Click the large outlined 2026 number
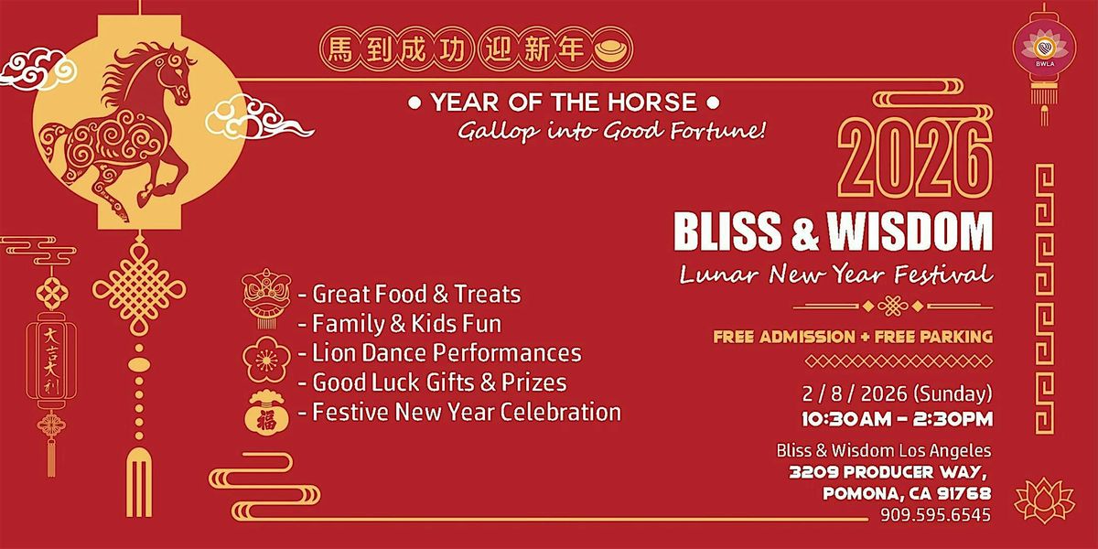pos(915,158)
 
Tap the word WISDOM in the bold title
pos(910,231)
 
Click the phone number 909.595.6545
pos(935,514)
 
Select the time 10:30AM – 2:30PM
pos(897,419)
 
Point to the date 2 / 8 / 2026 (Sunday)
pos(897,394)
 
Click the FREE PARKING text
pos(934,337)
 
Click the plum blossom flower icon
pos(266,361)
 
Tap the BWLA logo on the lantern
pos(1045,49)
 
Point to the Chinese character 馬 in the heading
pos(340,49)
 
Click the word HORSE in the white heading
pos(651,102)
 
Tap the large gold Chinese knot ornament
pos(139,290)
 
